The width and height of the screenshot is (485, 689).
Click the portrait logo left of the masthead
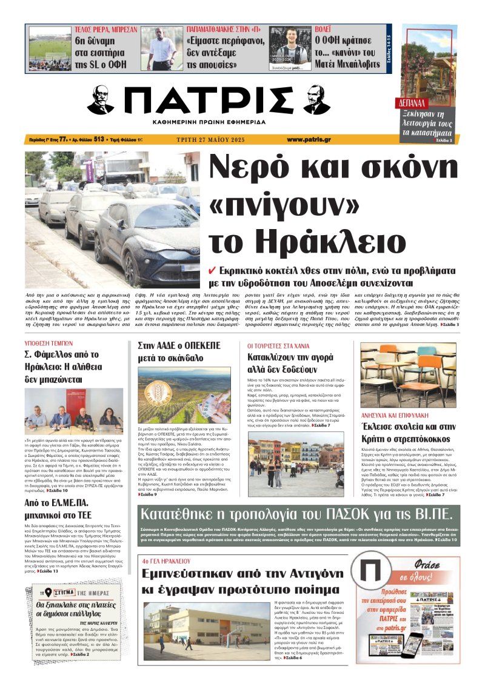(x=101, y=100)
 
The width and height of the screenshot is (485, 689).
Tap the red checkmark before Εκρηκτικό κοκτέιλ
(x=212, y=271)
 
